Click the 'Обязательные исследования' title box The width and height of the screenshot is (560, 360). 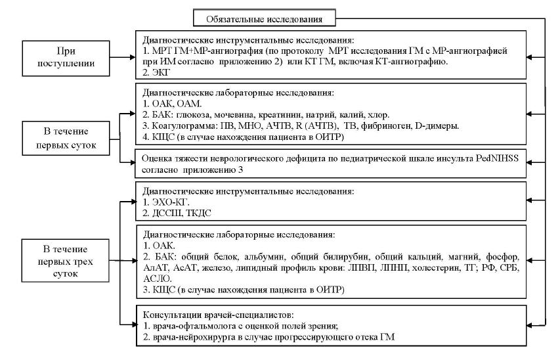click(265, 18)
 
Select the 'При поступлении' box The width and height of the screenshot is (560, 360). click(66, 58)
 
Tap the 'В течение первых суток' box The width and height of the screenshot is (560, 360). click(66, 139)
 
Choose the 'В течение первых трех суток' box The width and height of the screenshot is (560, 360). click(66, 261)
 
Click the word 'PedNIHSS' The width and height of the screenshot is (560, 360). click(497, 158)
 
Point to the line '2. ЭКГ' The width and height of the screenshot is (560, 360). click(156, 72)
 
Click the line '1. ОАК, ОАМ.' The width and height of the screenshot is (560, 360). click(172, 104)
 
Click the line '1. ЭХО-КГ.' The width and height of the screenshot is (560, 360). click(166, 202)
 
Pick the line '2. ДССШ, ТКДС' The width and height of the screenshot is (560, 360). click(177, 214)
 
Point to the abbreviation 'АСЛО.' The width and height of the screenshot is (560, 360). click(158, 279)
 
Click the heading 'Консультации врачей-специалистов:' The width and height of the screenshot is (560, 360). click(219, 315)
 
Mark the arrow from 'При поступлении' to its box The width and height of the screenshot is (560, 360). click(123, 57)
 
